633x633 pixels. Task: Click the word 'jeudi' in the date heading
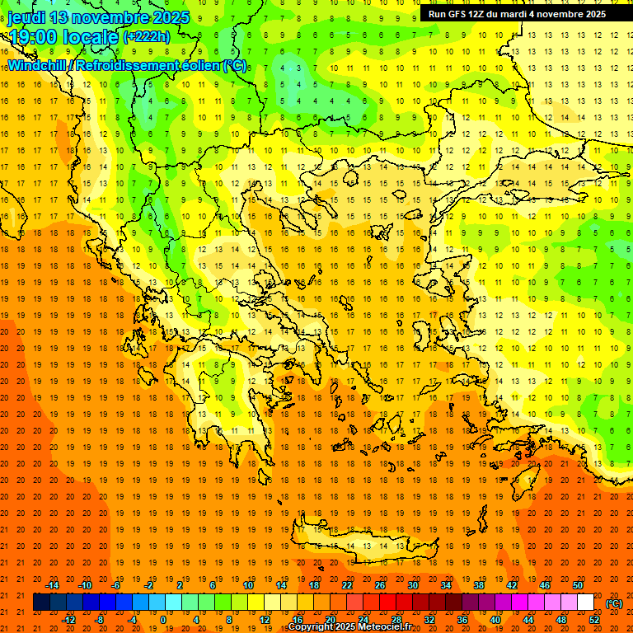pyautogui.click(x=26, y=17)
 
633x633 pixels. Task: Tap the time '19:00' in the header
pyautogui.click(x=36, y=37)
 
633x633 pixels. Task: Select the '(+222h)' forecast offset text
pyautogui.click(x=147, y=36)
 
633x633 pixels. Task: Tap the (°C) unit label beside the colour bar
pyautogui.click(x=614, y=603)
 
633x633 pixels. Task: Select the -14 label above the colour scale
pyautogui.click(x=52, y=585)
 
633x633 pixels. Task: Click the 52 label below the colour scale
pyautogui.click(x=594, y=620)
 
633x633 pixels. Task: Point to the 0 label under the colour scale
pyautogui.click(x=163, y=620)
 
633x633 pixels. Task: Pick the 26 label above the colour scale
pyautogui.click(x=380, y=585)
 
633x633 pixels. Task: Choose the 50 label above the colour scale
pyautogui.click(x=578, y=585)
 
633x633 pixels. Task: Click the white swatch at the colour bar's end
pyautogui.click(x=586, y=603)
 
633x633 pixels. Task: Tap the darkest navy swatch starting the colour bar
pyautogui.click(x=41, y=603)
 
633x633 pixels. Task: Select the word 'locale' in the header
pyautogui.click(x=92, y=37)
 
